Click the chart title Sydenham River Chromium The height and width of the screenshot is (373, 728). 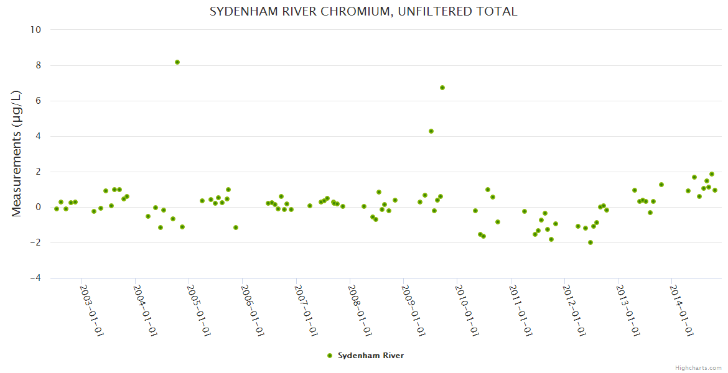click(363, 12)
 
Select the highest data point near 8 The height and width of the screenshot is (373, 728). click(177, 62)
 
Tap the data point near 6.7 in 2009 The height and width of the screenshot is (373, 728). click(442, 88)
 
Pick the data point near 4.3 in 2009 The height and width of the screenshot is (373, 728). click(431, 131)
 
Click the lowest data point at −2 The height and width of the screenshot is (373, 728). click(590, 242)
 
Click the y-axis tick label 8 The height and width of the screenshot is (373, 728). click(38, 65)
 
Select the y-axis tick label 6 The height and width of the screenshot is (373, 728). click(38, 101)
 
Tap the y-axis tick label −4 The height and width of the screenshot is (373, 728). click(35, 278)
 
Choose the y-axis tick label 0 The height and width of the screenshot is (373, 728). click(38, 207)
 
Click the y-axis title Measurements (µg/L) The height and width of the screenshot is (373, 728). click(17, 154)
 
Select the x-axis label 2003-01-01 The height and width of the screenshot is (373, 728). click(91, 310)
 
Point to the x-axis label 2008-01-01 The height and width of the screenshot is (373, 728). click(360, 310)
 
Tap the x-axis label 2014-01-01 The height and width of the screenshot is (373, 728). click(681, 310)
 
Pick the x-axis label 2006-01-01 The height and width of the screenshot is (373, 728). click(253, 310)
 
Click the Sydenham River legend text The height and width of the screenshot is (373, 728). click(371, 356)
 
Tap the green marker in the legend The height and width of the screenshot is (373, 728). click(330, 356)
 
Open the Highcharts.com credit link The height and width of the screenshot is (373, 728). click(698, 367)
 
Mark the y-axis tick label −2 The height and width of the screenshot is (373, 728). click(35, 242)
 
